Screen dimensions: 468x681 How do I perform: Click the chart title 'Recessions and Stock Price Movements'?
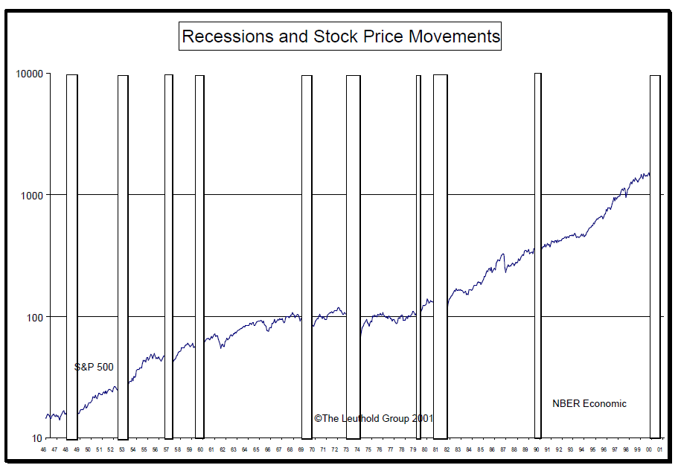pos(340,36)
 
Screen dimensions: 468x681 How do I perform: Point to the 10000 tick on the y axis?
pos(29,74)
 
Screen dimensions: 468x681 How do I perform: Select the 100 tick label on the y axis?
pos(33,317)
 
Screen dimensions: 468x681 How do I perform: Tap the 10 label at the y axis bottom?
pos(36,438)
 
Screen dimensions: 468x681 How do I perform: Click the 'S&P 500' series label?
pos(94,367)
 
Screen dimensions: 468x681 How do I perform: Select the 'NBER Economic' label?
pos(589,404)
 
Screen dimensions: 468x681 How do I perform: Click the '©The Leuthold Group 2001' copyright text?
pos(374,419)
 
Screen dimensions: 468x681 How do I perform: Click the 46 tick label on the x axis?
pos(43,450)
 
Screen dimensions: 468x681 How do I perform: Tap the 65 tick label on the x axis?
pos(256,450)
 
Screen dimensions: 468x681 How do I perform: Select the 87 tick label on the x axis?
pos(503,450)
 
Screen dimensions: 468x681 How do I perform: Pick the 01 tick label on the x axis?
pos(660,450)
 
